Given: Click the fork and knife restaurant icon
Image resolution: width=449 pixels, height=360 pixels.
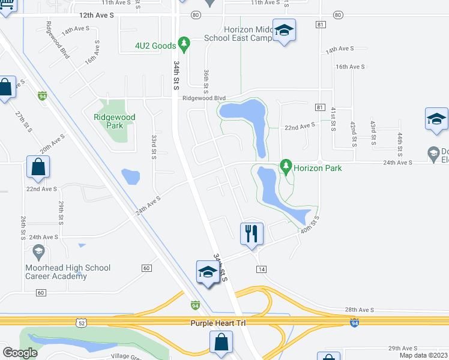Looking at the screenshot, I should pos(252,233).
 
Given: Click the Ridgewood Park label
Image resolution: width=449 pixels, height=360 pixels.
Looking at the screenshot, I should pos(114,121).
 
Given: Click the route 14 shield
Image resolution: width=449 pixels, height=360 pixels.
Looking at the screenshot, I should pos(261,269).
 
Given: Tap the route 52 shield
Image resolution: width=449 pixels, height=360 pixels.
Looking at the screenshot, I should pos(81,323).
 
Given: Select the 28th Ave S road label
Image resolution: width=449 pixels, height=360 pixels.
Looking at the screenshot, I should pos(359,310).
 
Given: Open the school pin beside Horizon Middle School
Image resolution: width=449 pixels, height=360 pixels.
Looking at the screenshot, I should pos(283,31).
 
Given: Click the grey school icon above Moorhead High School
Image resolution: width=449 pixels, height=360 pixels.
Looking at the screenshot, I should pos(39,251).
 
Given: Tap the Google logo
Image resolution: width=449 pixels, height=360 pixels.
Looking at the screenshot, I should pos(20,353).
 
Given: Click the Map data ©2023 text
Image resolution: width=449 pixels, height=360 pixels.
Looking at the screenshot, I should pos(424,355).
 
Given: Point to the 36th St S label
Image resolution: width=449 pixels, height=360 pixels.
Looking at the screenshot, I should pos(206,80).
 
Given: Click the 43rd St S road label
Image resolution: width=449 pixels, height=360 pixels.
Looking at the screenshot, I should pos(373,132).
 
